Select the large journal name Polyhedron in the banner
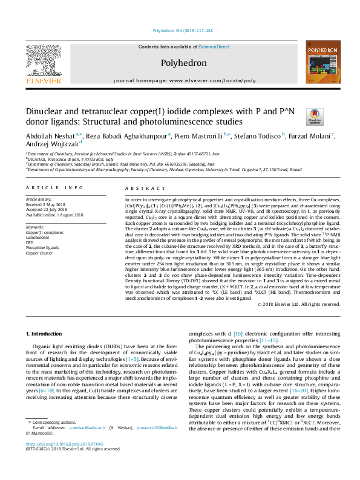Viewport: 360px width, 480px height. pos(180,62)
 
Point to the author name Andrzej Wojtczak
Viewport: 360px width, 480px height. pos(51,146)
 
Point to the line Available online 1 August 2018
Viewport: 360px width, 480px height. pos(51,214)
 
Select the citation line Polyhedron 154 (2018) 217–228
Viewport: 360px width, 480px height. pos(180,30)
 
